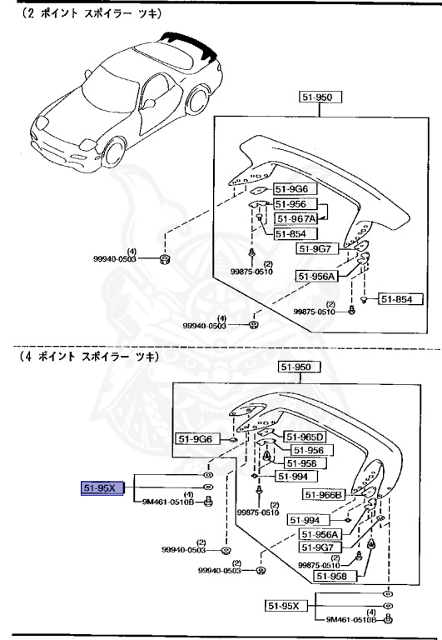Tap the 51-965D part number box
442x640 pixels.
(305, 436)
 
